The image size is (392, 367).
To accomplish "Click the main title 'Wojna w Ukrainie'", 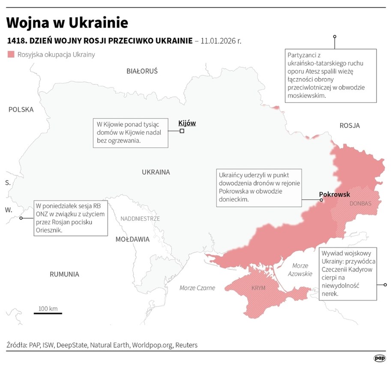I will coord(67,22).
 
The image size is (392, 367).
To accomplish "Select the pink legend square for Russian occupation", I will coord(11,54).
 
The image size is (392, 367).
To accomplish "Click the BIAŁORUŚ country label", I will coord(142,71).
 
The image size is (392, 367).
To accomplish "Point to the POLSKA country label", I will coord(21,110).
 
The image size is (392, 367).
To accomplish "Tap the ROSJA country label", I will coord(350,126).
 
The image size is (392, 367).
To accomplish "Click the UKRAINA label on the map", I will coord(156,172).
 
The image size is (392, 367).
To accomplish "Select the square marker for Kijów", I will coord(182,131).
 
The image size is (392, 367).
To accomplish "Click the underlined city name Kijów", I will coord(187,123).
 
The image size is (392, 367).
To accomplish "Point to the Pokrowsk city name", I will coord(335,194).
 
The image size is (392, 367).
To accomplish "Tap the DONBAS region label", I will coord(360,203).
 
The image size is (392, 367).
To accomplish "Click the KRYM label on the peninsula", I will coord(259,288).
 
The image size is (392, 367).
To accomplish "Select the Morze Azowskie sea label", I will coord(300,270).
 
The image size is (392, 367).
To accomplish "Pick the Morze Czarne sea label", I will coord(197,288).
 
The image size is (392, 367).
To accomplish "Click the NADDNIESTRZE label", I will coord(140,219).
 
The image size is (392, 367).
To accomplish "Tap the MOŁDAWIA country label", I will coord(132,239).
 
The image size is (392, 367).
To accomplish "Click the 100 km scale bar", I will coord(48,313).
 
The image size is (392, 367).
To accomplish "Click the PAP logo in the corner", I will coord(379,358).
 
